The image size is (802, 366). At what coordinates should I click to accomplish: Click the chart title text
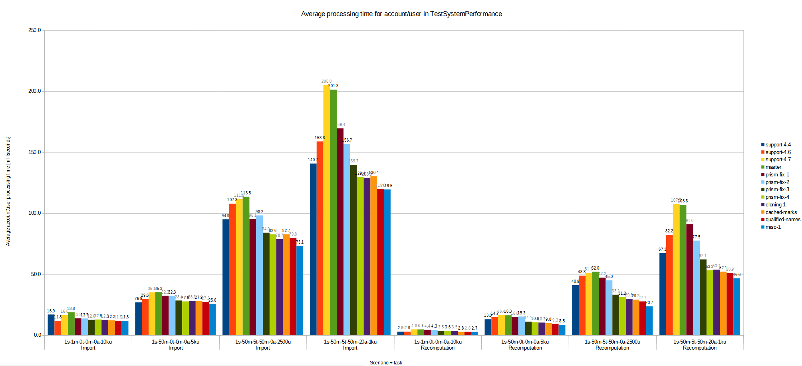[x=401, y=14]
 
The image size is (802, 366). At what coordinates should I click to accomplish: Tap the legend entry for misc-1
[x=773, y=227]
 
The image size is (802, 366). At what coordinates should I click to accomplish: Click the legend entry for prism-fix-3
[x=777, y=190]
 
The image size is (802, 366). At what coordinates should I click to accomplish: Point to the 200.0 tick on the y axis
[x=35, y=91]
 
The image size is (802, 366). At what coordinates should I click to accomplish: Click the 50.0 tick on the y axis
[x=36, y=274]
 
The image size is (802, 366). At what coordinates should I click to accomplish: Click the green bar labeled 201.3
[x=333, y=212]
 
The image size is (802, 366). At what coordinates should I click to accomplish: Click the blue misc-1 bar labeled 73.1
[x=300, y=290]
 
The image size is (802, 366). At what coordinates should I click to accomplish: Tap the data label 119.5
[x=387, y=186]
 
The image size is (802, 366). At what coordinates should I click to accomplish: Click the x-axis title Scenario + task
[x=386, y=363]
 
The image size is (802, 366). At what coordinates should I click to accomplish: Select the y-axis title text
[x=8, y=191]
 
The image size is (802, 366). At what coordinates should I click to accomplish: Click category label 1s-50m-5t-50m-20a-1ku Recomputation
[x=699, y=345]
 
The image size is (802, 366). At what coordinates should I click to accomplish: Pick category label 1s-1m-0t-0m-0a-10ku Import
[x=88, y=345]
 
